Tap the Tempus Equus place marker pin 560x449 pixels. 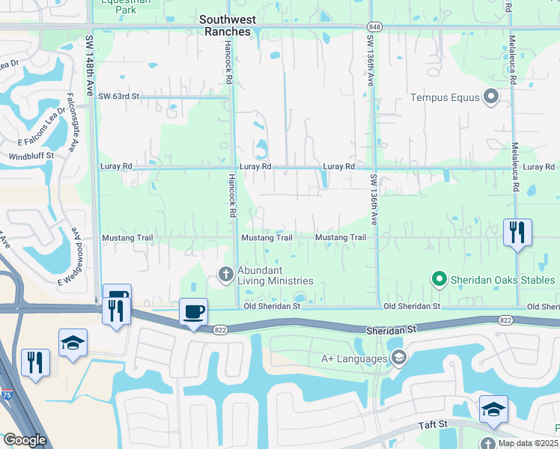tap(491, 97)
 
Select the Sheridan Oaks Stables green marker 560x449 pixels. tap(439, 279)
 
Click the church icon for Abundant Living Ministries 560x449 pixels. tap(225, 274)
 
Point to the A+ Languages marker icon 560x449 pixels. tap(398, 358)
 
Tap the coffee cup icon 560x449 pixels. tap(194, 311)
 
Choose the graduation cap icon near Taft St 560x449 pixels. tap(493, 409)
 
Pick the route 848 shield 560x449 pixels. tap(375, 26)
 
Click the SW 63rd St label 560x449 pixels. tap(119, 97)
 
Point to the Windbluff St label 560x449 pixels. tap(31, 156)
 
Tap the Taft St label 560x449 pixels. tap(433, 424)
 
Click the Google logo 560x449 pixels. tap(25, 440)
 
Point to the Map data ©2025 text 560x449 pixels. tap(529, 443)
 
